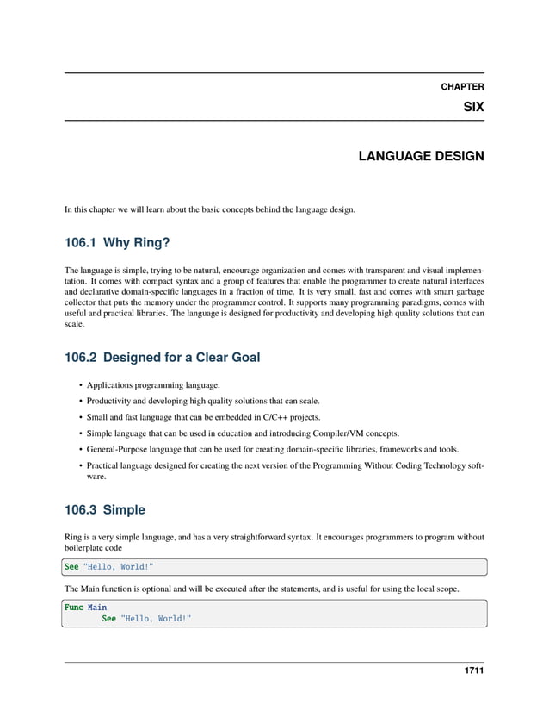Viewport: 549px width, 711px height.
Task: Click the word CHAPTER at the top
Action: click(x=462, y=86)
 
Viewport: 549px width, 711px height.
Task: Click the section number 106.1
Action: click(x=84, y=243)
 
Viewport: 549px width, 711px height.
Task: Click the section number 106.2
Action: click(x=84, y=358)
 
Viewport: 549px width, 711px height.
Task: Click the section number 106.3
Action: click(x=84, y=509)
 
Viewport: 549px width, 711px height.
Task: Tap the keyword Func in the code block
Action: click(x=73, y=607)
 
